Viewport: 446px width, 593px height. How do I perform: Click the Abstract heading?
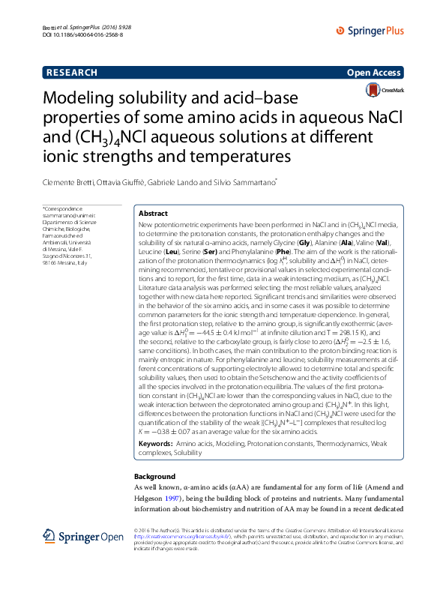(154, 214)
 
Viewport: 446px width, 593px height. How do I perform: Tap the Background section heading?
(154, 477)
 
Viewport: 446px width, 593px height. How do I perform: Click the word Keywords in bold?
(155, 445)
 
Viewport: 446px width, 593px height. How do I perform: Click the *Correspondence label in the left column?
(60, 208)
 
